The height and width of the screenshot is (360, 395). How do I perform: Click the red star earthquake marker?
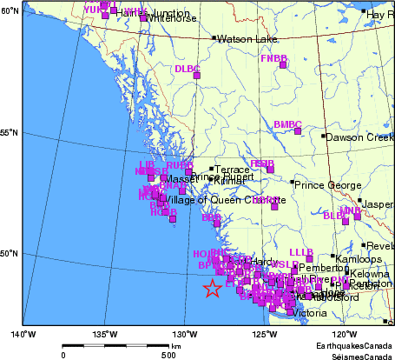click(212, 290)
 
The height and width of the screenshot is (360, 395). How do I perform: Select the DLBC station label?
click(187, 69)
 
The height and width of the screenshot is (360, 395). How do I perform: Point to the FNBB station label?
click(273, 58)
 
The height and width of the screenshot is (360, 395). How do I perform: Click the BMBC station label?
click(286, 125)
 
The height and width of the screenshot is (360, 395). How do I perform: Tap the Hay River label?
click(380, 15)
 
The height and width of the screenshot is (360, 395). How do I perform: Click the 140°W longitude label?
click(23, 334)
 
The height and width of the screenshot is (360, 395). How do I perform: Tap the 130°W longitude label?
click(183, 334)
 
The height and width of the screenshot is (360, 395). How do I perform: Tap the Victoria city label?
click(310, 313)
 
